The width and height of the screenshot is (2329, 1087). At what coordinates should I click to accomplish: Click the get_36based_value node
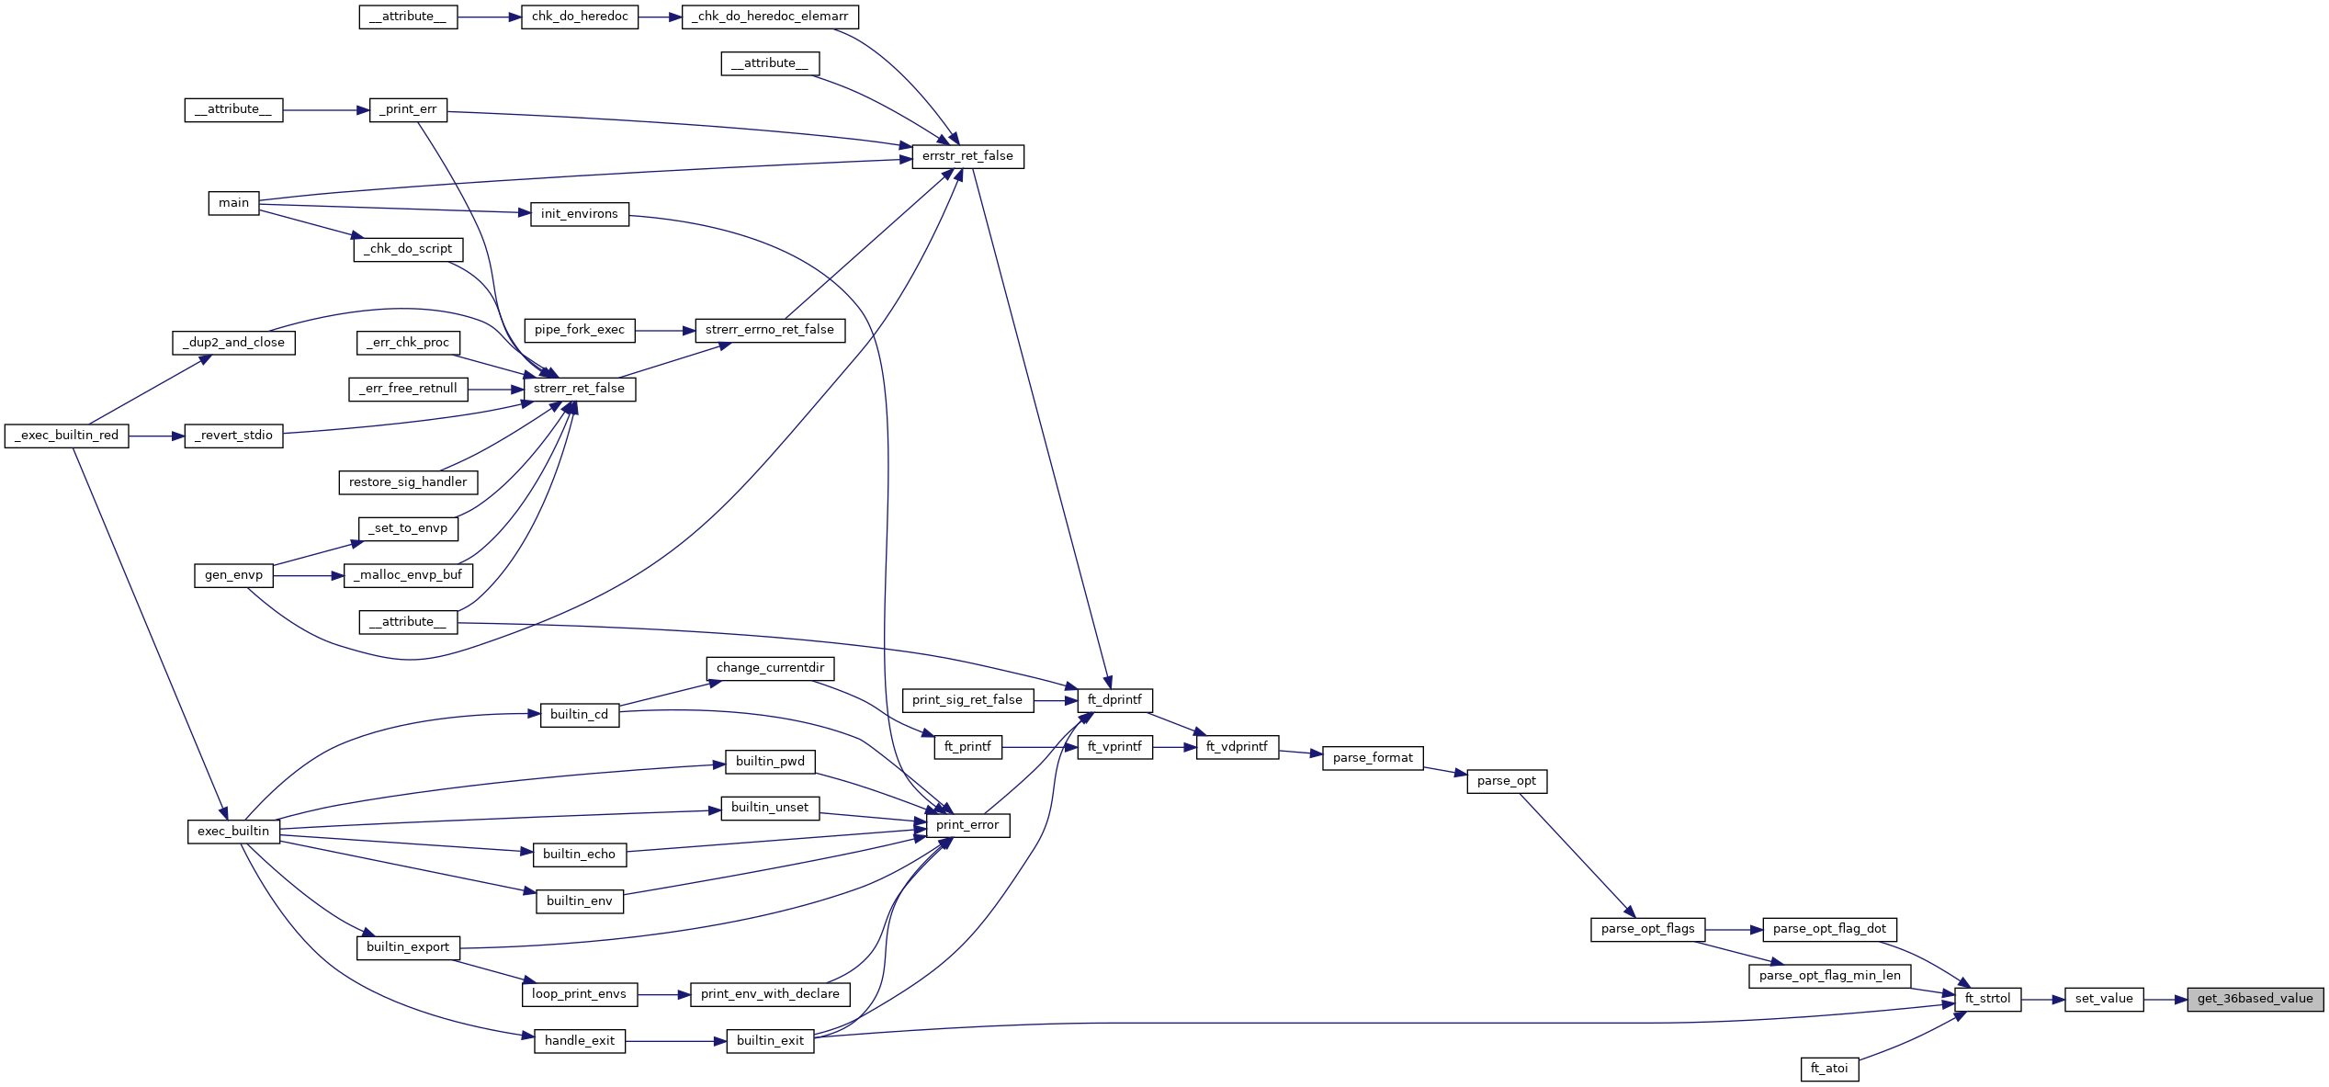(2255, 999)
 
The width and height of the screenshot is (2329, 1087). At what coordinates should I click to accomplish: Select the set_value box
(2104, 999)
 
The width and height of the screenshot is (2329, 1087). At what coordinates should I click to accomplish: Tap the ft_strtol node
(1987, 999)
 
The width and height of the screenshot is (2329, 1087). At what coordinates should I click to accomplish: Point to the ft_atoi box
(1829, 1069)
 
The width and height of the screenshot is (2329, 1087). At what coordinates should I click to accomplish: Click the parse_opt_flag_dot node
(1829, 929)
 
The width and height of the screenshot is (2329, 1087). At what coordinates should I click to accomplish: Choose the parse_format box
(1373, 758)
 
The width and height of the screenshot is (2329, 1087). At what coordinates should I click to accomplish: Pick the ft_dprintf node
(1114, 700)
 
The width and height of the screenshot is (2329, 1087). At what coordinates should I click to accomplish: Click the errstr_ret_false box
(967, 156)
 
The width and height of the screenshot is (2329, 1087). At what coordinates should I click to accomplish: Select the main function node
(233, 203)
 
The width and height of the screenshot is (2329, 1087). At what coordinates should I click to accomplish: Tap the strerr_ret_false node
(579, 389)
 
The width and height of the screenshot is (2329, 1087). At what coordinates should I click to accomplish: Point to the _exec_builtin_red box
(66, 436)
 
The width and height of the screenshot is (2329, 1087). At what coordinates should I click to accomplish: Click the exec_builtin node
(233, 832)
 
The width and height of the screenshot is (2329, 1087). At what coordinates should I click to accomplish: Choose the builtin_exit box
(770, 1041)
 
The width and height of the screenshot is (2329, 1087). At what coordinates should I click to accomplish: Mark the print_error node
(967, 825)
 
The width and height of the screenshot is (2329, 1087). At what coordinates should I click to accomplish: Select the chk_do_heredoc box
(580, 17)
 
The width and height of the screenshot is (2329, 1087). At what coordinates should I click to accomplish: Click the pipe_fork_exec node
(579, 330)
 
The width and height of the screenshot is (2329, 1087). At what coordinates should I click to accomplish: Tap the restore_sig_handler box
(408, 482)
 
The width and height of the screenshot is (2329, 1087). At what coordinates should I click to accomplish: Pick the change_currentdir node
(770, 668)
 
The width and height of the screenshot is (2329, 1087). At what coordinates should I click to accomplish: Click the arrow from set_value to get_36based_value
(2165, 999)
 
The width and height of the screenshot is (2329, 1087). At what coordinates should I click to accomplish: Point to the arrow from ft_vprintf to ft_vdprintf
(1174, 747)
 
